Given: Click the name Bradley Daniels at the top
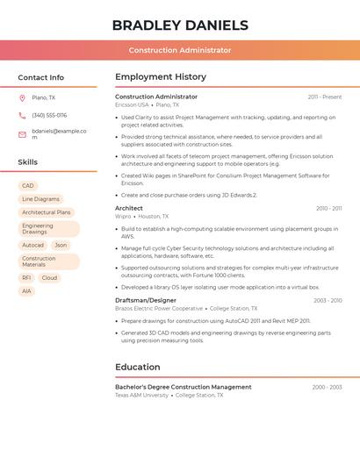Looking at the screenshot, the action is pos(180,25).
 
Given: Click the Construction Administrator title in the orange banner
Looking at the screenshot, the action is pos(180,50).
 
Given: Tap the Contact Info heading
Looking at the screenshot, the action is pos(40,77).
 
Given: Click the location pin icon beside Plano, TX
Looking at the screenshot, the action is pos(22,98).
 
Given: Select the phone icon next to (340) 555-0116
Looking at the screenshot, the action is pos(22,115).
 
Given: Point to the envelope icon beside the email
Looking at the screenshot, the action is pos(22,133).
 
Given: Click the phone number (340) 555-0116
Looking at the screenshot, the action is pos(49,115).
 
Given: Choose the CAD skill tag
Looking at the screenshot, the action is pos(28,186).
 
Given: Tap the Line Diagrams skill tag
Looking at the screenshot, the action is pos(40,199).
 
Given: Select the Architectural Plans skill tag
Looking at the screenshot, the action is pos(46,212).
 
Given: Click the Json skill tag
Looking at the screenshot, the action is pos(61,246).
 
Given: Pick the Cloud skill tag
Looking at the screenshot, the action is pos(49,278).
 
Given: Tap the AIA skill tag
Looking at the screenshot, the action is pos(27,291).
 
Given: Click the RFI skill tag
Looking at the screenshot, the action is pos(27,278).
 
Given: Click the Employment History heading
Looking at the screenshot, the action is pos(161,77).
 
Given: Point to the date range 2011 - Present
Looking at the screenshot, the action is pos(325,97).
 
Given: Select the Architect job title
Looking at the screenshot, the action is pos(129,208).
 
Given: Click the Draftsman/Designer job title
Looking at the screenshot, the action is pos(146,300).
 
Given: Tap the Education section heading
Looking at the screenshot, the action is pos(137,367).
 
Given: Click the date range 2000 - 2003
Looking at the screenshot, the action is pos(327,387).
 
